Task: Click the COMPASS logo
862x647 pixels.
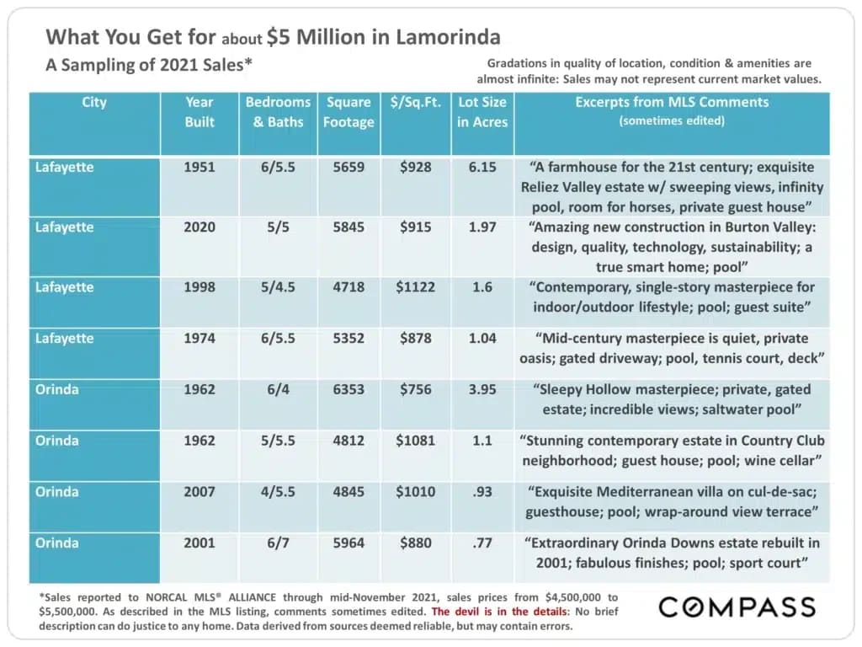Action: (x=737, y=607)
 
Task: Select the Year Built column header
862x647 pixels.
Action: (x=200, y=112)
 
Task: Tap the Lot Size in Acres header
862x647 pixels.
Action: (x=482, y=112)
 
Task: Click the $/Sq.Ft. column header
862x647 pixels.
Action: (x=416, y=103)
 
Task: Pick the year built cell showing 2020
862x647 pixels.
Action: (x=200, y=227)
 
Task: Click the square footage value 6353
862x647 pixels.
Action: (x=349, y=389)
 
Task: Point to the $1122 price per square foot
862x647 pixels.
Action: (x=416, y=286)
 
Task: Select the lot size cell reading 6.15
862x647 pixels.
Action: (x=482, y=167)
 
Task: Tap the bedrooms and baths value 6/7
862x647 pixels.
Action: (x=279, y=543)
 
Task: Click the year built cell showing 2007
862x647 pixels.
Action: (x=200, y=492)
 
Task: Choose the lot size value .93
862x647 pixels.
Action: (x=482, y=492)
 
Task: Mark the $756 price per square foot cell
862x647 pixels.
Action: (x=416, y=389)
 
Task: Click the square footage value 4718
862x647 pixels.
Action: (x=349, y=286)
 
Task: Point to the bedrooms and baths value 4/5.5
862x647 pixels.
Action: (x=279, y=492)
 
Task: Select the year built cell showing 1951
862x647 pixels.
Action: (x=200, y=167)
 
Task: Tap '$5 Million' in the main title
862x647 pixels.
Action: (x=316, y=37)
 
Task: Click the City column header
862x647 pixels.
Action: (x=94, y=103)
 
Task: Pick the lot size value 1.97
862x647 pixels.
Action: (x=482, y=227)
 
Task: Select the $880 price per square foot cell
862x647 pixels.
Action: (x=416, y=543)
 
